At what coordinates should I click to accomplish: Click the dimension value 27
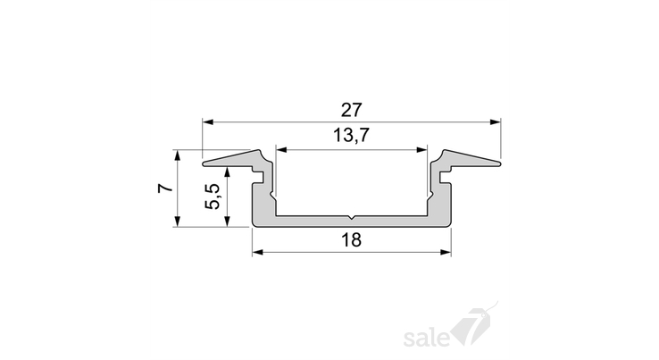351,110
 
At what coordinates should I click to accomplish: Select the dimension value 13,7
351,136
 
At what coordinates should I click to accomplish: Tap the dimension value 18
351,240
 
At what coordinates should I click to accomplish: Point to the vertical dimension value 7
165,188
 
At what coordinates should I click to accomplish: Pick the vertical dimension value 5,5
213,196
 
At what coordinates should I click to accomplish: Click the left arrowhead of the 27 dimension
208,122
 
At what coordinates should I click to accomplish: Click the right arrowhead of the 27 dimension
496,122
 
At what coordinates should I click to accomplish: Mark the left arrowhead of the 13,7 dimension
281,150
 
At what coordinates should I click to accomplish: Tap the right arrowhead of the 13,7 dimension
421,150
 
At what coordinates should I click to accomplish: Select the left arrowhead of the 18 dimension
258,252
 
